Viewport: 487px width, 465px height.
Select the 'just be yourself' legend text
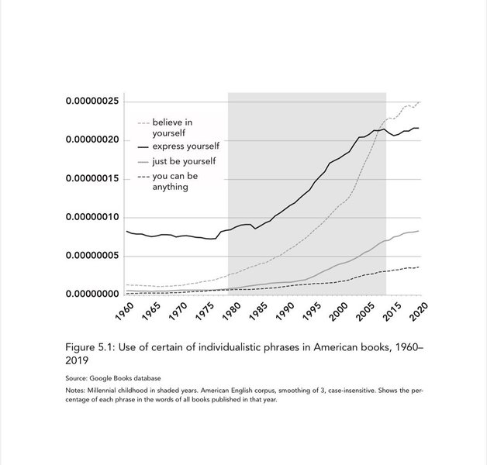pyautogui.click(x=184, y=161)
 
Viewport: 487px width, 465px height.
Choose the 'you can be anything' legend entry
pyautogui.click(x=176, y=181)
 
